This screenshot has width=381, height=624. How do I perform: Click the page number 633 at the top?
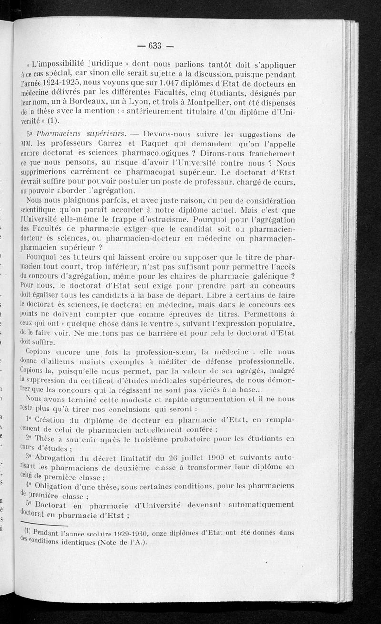point(156,46)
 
